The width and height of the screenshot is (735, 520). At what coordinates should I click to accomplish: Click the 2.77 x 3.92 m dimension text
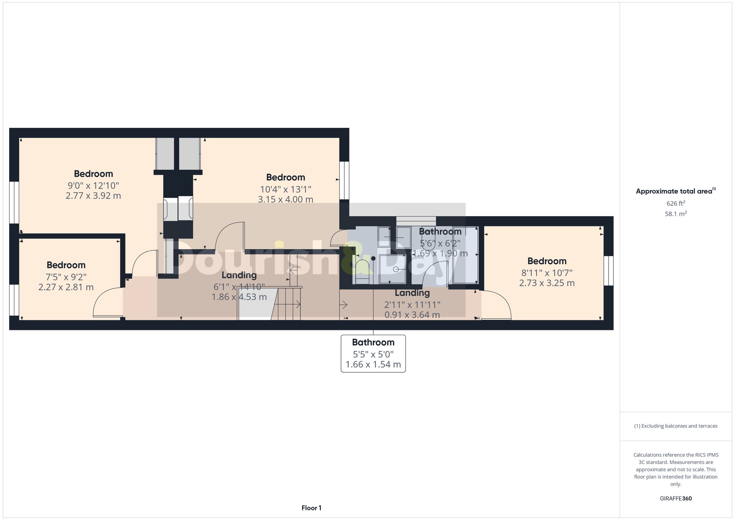[x=93, y=196]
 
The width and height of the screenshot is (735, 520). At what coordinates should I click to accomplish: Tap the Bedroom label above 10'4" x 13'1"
[x=286, y=177]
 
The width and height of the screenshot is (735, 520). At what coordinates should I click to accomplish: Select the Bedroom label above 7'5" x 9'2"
[x=66, y=265]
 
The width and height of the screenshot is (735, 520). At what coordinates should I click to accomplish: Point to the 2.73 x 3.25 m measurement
[x=546, y=283]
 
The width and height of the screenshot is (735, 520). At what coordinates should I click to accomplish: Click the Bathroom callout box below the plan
[x=373, y=353]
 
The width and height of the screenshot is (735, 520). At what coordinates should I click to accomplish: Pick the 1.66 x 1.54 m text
[x=373, y=365]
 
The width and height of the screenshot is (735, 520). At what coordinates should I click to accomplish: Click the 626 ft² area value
[x=675, y=203]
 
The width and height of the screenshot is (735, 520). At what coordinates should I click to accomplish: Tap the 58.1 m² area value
[x=675, y=214]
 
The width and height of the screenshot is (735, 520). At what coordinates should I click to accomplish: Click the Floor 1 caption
[x=311, y=508]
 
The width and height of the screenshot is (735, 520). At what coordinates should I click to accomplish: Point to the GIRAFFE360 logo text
[x=675, y=499]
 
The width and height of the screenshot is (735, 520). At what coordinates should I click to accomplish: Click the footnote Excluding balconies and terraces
[x=675, y=426]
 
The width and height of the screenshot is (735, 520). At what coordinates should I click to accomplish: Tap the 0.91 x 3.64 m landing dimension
[x=412, y=315]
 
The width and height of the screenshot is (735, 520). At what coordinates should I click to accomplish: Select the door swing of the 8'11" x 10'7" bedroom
[x=498, y=304]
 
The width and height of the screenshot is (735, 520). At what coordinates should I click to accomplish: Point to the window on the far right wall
[x=608, y=270]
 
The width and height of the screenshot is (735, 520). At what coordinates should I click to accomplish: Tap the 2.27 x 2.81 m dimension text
[x=66, y=287]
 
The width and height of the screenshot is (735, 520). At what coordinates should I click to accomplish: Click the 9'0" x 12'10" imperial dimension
[x=93, y=186]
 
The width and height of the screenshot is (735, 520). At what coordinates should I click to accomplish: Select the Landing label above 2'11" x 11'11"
[x=412, y=293]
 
